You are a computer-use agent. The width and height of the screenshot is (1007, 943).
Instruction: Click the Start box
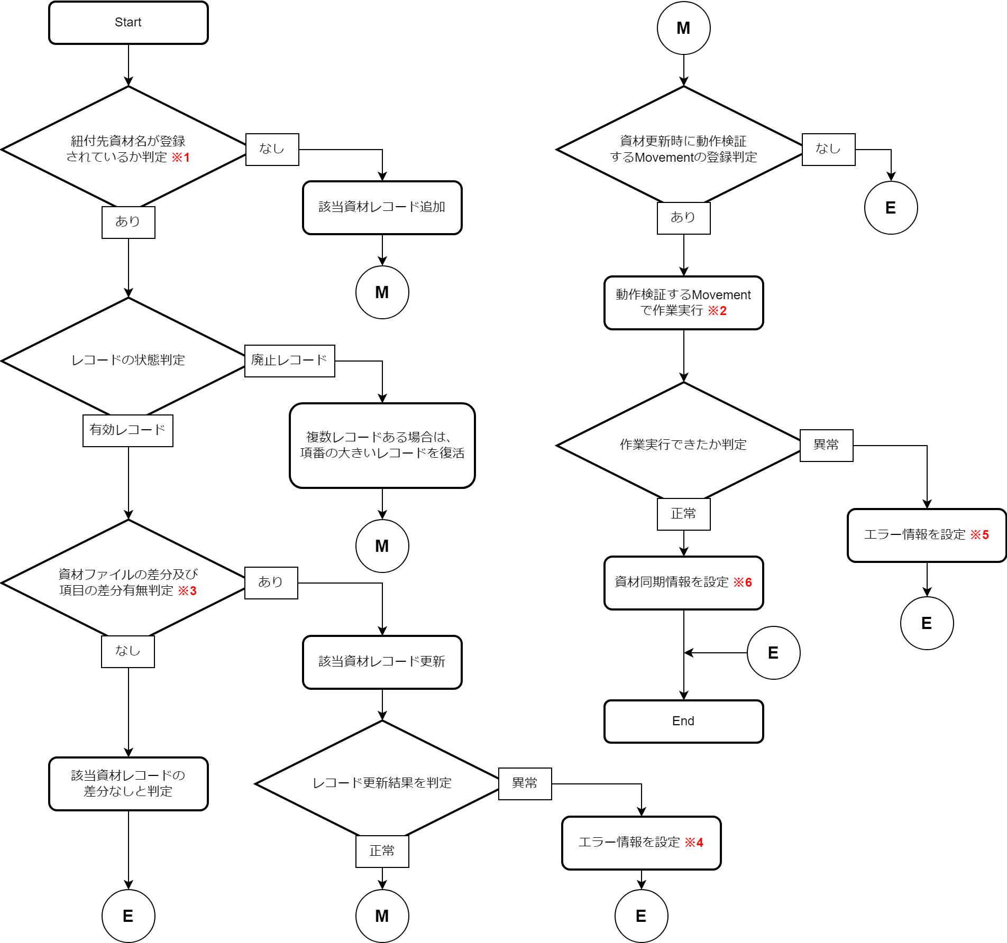[x=128, y=23]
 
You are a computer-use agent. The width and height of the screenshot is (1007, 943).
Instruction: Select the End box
[x=683, y=721]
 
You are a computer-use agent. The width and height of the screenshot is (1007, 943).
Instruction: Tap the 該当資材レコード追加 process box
[x=382, y=207]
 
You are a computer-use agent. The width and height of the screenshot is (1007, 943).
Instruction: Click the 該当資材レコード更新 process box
[x=382, y=662]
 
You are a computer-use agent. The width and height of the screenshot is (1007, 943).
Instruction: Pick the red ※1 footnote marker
[x=181, y=158]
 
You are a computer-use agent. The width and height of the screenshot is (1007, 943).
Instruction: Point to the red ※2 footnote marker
[x=718, y=311]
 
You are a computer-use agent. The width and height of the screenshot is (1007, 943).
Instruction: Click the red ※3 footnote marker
[x=187, y=591]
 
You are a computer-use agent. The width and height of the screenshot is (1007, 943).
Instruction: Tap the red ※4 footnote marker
[x=694, y=843]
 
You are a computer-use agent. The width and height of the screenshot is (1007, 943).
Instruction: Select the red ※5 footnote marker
[x=979, y=535]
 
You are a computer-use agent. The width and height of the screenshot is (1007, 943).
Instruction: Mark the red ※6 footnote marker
[x=743, y=583]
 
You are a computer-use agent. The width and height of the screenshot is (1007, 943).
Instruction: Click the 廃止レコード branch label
[x=289, y=360]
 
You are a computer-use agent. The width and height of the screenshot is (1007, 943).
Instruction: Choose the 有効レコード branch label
[x=127, y=430]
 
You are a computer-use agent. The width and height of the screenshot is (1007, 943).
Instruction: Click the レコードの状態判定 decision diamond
[x=128, y=360]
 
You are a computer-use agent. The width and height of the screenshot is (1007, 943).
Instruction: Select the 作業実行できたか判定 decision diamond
[x=683, y=445]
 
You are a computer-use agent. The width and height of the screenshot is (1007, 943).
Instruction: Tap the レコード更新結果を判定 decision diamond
[x=382, y=783]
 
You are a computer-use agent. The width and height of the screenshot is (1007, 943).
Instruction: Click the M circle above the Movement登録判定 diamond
[x=683, y=28]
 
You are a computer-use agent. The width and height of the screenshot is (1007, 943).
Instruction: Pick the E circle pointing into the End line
[x=773, y=653]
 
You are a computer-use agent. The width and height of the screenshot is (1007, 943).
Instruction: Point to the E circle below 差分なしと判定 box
[x=128, y=916]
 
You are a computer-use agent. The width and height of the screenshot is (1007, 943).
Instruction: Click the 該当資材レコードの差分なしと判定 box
[x=128, y=783]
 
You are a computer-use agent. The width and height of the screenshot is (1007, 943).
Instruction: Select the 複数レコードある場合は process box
[x=382, y=445]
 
